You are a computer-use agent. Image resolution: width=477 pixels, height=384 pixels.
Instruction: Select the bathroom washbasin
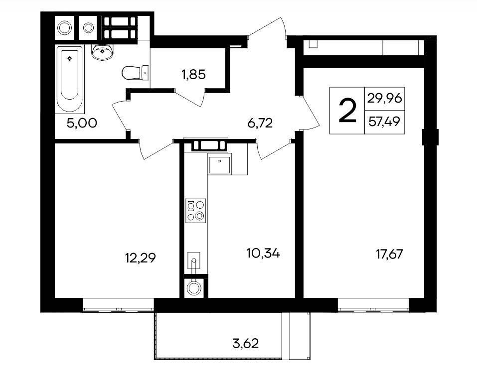point(102,52)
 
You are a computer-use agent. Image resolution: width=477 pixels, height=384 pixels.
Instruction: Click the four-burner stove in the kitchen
point(195,211)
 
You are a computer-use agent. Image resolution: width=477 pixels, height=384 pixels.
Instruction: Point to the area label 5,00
point(82,123)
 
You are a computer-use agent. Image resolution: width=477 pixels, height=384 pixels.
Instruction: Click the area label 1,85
point(194,74)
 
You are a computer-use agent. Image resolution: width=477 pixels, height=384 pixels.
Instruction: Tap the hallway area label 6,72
point(260,123)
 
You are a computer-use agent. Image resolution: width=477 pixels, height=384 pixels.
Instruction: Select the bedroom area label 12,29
point(141,258)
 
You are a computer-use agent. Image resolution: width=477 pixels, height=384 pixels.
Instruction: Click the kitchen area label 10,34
point(264,253)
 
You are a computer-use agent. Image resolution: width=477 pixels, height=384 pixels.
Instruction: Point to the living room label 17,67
point(390,254)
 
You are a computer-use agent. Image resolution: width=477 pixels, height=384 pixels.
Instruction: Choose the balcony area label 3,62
point(246,344)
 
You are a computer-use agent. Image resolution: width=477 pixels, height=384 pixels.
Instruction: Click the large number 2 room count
point(347,111)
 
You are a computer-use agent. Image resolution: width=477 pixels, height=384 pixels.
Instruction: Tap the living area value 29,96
point(385,98)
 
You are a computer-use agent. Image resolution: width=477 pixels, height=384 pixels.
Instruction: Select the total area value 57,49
point(384,122)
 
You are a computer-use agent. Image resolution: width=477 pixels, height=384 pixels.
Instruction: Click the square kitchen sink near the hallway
point(219,164)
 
